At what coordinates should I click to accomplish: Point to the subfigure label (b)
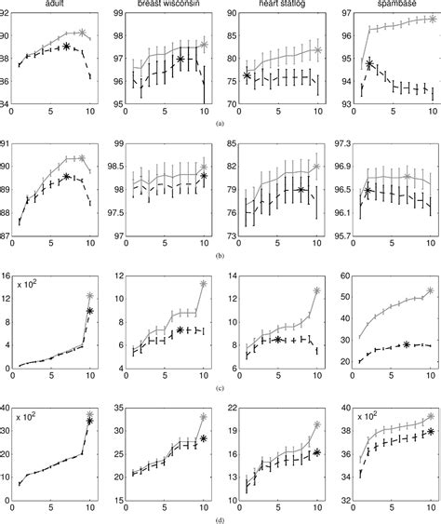[x=220, y=253]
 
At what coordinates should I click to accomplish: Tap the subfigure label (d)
[x=220, y=517]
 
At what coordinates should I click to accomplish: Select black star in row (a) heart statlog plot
[x=247, y=75]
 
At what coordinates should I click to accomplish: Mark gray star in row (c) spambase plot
[x=430, y=290]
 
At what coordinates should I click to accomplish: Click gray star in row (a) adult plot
[x=82, y=33]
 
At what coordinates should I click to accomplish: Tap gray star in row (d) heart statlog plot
[x=317, y=425]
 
